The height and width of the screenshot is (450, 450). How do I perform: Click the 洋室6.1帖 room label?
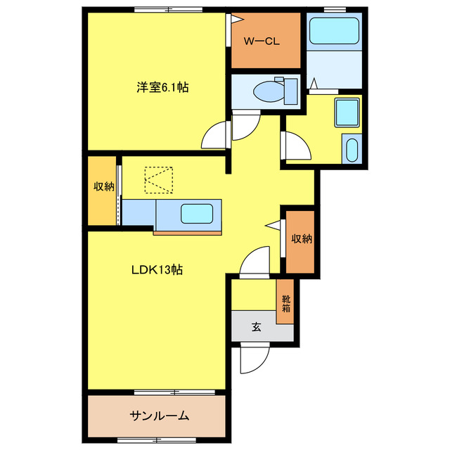pos(162,88)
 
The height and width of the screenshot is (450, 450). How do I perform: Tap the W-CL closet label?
pos(262,41)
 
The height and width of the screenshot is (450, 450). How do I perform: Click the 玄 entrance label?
pos(257,326)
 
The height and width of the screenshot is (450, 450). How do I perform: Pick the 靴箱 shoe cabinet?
pos(286,303)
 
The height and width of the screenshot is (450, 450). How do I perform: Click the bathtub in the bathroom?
pos(335,31)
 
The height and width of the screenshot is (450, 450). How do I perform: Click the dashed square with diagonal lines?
pos(159,179)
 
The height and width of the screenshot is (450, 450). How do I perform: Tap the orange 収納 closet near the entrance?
pos(301,239)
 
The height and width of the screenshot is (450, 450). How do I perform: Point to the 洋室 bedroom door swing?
pos(216,136)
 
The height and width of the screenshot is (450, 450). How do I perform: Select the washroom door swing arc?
pos(297,146)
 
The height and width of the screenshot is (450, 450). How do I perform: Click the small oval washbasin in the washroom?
pos(352,150)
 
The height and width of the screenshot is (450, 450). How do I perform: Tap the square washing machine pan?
pos(347,112)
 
